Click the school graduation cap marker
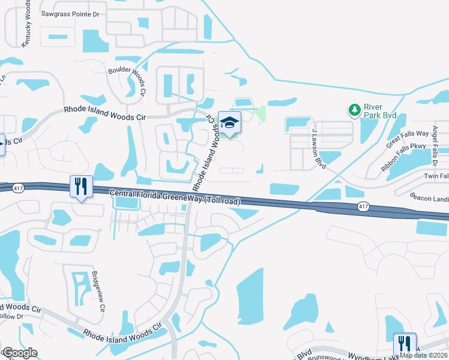coord(229,122)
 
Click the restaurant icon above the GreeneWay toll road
coord(80,186)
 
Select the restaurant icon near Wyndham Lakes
coord(404,343)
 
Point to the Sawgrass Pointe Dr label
coord(70,13)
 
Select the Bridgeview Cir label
coord(98,292)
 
